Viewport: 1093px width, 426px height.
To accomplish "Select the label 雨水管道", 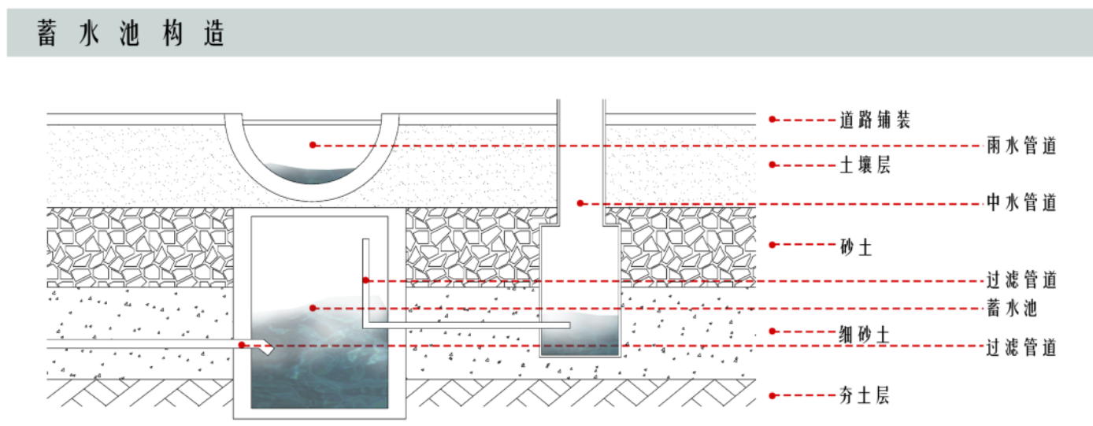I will tap(1021, 146).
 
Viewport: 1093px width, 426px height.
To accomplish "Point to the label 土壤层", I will tap(864, 165).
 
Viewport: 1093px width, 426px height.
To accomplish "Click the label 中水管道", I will tap(1021, 202).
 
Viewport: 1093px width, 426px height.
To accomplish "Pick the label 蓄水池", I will tap(1012, 309).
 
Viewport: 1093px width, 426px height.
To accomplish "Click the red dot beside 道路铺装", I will tap(773, 120).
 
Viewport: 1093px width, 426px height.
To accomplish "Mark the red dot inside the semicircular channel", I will tap(313, 145).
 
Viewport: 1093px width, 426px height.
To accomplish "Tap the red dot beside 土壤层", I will tap(773, 165).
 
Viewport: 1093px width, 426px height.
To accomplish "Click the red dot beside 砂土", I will tap(773, 245).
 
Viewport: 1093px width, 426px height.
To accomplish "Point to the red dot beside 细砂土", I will tap(773, 332).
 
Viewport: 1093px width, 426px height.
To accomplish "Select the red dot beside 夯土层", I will tap(773, 395).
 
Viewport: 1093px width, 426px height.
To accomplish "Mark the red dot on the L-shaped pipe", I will tap(366, 280).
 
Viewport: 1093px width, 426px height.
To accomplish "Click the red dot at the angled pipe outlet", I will tap(243, 345).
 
